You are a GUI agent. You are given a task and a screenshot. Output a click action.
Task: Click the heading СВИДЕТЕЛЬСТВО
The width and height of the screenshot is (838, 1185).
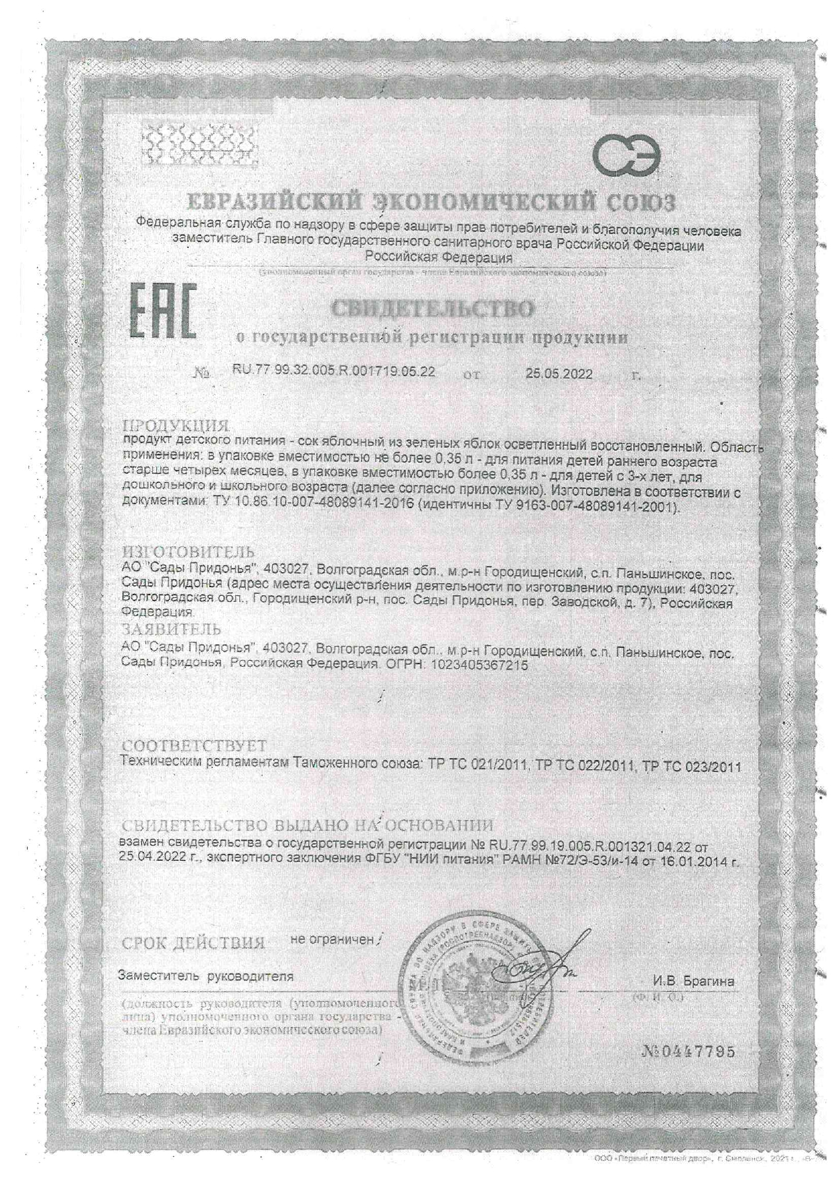pos(433,309)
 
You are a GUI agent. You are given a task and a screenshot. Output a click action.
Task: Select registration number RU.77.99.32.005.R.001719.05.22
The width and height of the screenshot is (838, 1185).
pos(333,372)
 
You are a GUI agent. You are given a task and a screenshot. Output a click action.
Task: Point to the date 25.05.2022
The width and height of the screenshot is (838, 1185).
pos(559,374)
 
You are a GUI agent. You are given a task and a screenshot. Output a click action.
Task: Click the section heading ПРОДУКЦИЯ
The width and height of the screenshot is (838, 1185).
pos(176,426)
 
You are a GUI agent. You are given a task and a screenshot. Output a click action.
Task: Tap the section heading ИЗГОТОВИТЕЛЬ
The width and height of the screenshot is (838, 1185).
pos(188,552)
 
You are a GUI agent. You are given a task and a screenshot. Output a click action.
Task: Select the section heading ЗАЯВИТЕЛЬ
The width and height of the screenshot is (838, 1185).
pos(172,630)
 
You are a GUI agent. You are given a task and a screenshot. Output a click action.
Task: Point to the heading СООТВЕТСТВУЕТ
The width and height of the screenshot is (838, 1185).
pos(195,746)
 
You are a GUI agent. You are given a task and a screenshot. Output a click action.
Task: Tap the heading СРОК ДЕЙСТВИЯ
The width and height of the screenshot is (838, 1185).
pos(193,943)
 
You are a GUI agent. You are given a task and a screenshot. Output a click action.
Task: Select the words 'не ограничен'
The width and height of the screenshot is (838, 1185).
pos(332,939)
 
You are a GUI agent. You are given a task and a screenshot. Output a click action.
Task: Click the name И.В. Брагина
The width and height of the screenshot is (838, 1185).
pos(693,981)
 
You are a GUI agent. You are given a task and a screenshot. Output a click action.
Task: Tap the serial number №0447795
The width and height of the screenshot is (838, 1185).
pos(686,1053)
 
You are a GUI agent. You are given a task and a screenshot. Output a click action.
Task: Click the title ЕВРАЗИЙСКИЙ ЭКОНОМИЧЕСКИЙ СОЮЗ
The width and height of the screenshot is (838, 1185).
pos(430,201)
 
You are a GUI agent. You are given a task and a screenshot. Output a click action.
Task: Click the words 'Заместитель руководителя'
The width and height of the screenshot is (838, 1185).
pos(205,976)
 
